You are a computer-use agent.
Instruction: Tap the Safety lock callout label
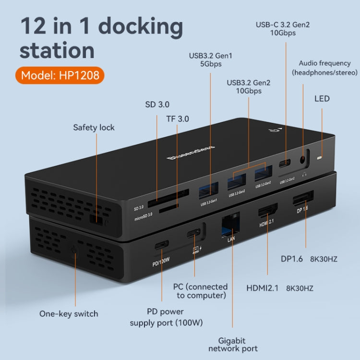(94, 127)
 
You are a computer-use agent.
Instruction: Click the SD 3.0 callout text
(157, 104)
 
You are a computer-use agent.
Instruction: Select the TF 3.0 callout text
(177, 119)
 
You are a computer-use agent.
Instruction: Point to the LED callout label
(322, 98)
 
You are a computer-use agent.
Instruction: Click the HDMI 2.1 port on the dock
(268, 212)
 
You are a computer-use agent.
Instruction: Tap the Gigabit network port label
(233, 344)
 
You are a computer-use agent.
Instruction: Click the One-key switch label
(69, 314)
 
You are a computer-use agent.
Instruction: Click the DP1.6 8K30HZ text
(309, 259)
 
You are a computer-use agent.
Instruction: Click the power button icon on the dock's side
(73, 250)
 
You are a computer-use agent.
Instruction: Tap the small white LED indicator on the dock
(321, 158)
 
